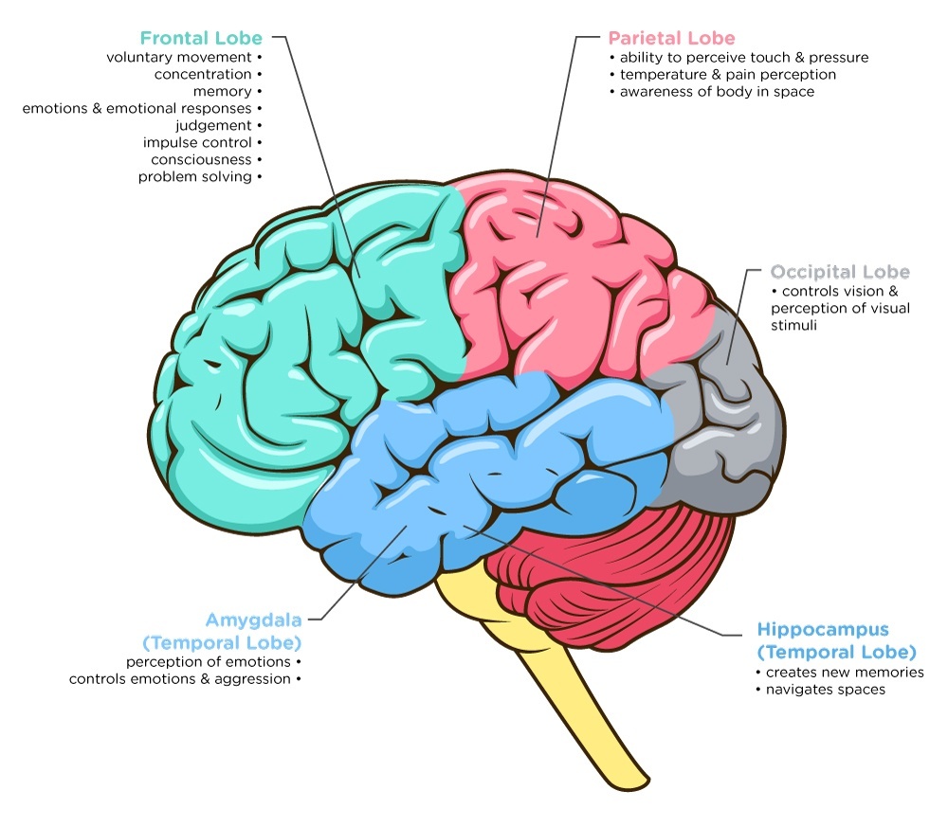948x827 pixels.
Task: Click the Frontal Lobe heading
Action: point(200,39)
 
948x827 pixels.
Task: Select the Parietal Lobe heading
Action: point(671,39)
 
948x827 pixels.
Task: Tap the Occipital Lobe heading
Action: point(840,272)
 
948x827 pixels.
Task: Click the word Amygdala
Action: point(253,620)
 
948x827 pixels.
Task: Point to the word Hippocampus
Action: point(823,629)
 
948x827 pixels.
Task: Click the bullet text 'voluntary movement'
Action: point(178,57)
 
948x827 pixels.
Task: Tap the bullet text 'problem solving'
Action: point(194,177)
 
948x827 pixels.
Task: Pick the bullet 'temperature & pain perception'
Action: point(727,75)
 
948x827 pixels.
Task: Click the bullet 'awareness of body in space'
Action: point(717,92)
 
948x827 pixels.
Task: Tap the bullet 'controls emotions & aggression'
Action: point(179,679)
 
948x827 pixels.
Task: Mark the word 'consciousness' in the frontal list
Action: point(201,160)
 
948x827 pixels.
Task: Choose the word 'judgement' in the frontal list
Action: point(213,126)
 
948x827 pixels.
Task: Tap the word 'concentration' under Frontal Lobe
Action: point(203,74)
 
